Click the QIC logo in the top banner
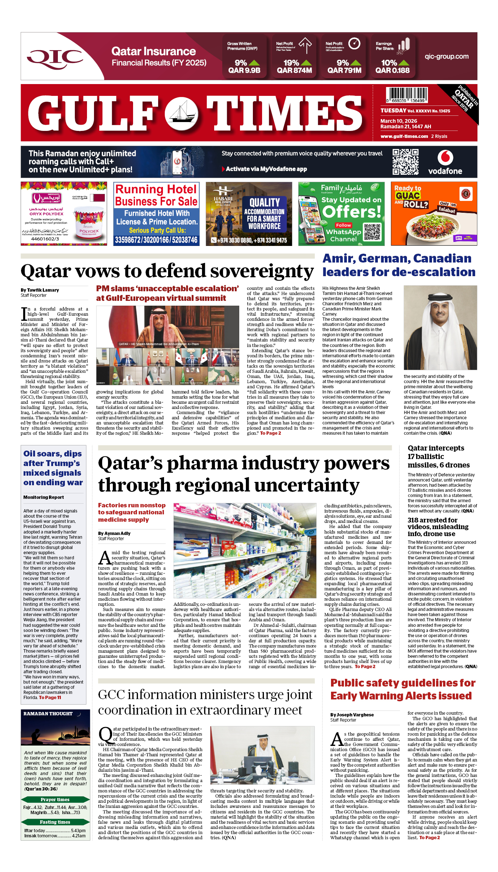[x=55, y=57]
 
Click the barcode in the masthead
[x=407, y=95]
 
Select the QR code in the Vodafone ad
[x=405, y=161]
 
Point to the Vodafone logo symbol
[x=445, y=157]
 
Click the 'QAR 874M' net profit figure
[x=294, y=70]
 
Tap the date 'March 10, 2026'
[x=399, y=121]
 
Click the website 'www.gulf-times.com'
[x=404, y=136]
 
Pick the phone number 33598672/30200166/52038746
[x=156, y=240]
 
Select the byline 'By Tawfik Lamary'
[x=40, y=290]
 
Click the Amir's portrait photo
[x=440, y=327]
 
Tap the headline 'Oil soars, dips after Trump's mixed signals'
[x=53, y=468]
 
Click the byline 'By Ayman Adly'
[x=114, y=534]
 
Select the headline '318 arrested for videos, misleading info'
[x=438, y=527]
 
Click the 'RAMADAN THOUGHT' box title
[x=48, y=714]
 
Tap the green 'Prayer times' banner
[x=55, y=800]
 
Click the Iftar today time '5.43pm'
[x=79, y=831]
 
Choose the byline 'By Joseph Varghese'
[x=352, y=715]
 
